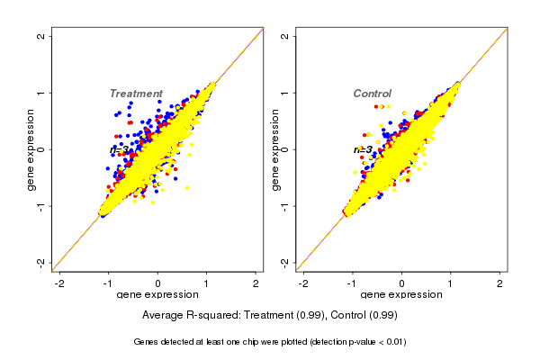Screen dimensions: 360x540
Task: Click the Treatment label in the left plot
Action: coord(136,94)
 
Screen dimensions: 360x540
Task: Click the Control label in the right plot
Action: coord(372,94)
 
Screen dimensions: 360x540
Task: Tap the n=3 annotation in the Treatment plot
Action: coord(120,149)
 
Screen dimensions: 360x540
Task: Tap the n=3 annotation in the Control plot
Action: coord(363,149)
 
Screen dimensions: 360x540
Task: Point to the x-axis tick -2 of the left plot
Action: coord(60,283)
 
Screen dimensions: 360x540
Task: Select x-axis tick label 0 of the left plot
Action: coord(158,283)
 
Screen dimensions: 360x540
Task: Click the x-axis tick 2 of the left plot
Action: coord(256,283)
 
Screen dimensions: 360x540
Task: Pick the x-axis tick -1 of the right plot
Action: coord(353,283)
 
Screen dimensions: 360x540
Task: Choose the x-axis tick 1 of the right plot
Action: coord(451,283)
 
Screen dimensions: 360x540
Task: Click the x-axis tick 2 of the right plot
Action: coord(499,283)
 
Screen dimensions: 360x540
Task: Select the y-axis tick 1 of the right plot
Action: coord(285,93)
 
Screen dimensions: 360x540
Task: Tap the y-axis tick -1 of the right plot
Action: coord(285,205)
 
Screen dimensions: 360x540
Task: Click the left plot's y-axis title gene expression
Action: coord(31,149)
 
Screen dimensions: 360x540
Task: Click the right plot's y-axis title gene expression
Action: coord(274,149)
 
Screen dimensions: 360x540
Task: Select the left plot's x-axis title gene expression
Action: coord(158,295)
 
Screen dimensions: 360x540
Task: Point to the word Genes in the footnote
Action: coord(147,342)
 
